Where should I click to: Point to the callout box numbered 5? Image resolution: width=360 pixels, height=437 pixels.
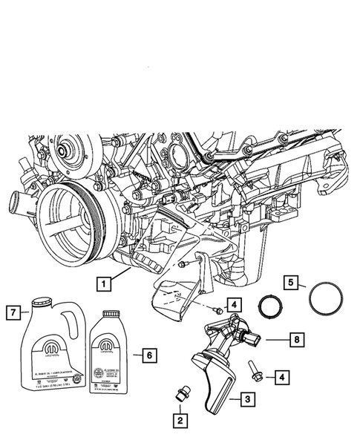292,282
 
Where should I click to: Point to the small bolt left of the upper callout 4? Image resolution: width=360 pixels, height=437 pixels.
214,310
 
